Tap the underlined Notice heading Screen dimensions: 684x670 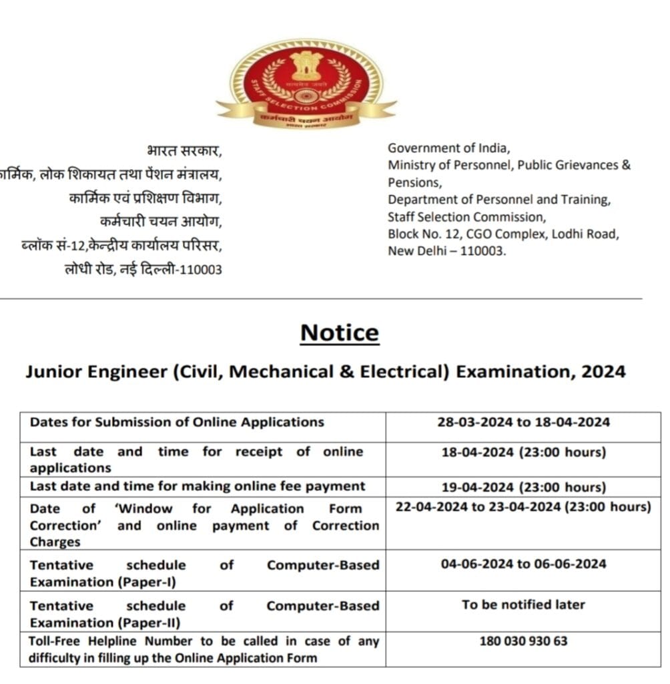coord(339,333)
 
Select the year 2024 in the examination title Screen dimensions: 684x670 coord(603,372)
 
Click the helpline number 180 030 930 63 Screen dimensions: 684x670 coord(523,641)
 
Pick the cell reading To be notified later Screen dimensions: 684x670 coord(523,605)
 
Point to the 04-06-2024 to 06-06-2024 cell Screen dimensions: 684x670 coord(523,564)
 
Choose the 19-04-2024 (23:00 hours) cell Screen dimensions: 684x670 coord(523,487)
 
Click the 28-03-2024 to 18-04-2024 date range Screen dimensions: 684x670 coord(523,422)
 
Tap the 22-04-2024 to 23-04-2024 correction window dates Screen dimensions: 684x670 coord(523,507)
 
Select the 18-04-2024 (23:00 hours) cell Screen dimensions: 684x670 coord(523,452)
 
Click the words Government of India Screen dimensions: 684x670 coord(448,148)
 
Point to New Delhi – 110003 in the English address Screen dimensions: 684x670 coord(447,251)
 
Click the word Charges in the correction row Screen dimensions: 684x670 coord(55,542)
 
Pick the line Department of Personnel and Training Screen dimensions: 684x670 coord(499,199)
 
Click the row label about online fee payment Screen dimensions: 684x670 coord(198,486)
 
